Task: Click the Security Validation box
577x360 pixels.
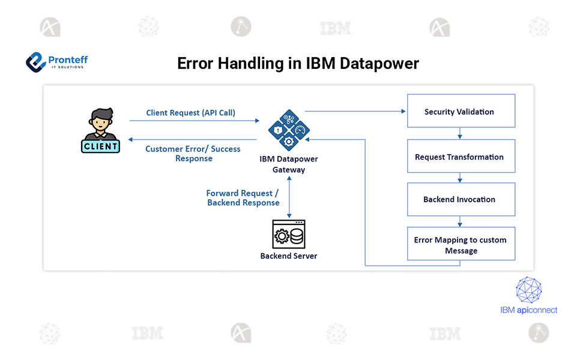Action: click(461, 111)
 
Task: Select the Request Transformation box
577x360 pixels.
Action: click(461, 157)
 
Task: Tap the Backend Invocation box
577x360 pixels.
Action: click(461, 199)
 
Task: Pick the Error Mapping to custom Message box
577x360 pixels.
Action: click(461, 244)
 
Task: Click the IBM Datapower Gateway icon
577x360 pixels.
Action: click(289, 129)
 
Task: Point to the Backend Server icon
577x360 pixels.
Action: click(289, 235)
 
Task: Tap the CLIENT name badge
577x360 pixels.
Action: click(100, 146)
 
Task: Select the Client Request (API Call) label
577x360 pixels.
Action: click(190, 113)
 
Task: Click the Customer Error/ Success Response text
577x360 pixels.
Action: click(193, 154)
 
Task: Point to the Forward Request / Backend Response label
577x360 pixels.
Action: click(243, 198)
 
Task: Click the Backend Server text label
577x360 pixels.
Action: click(289, 256)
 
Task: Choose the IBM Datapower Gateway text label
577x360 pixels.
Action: click(289, 164)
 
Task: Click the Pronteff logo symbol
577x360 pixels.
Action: click(36, 61)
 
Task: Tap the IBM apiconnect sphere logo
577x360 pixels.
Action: click(529, 290)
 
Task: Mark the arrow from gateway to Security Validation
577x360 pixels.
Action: click(354, 111)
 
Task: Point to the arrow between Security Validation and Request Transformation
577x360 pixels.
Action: click(461, 133)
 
